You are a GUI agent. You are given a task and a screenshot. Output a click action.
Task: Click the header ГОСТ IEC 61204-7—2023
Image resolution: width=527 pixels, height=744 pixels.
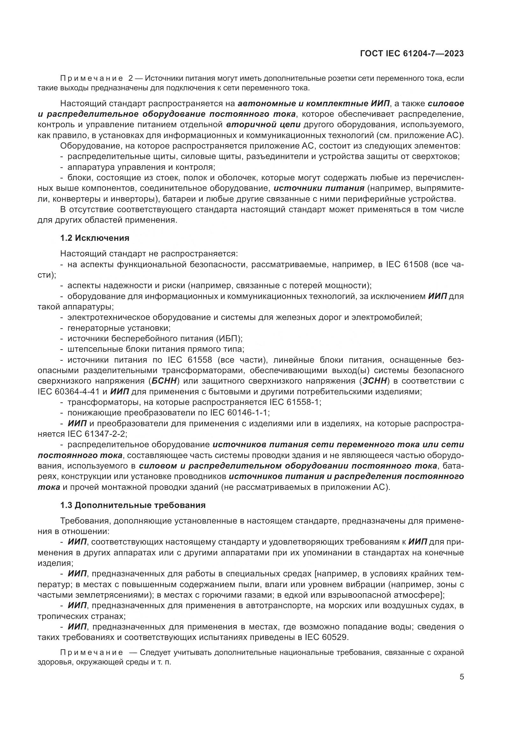[x=411, y=53]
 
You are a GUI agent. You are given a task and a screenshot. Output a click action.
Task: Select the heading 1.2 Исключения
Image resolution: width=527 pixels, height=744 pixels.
[x=94, y=238]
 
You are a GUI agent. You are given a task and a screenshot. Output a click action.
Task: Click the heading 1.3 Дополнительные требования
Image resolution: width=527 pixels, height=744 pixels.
[x=133, y=505]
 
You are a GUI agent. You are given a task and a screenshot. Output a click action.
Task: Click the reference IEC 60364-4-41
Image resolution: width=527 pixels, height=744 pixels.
[x=69, y=392]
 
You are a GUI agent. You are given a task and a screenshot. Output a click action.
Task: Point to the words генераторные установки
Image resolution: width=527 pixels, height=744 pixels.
[x=119, y=328]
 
